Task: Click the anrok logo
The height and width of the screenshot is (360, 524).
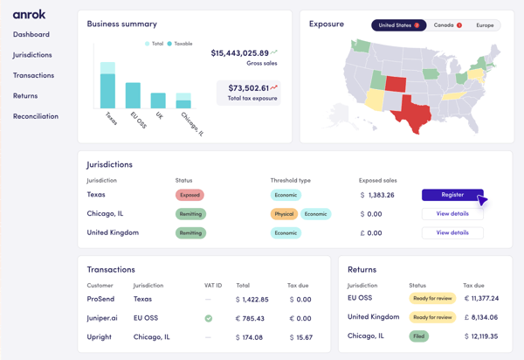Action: pyautogui.click(x=29, y=14)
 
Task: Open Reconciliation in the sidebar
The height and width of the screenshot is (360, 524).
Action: pyautogui.click(x=36, y=116)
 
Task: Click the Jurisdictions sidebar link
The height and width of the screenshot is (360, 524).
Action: pyautogui.click(x=32, y=55)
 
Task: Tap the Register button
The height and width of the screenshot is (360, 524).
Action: pyautogui.click(x=452, y=195)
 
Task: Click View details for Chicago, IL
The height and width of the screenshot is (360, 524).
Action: pyautogui.click(x=452, y=214)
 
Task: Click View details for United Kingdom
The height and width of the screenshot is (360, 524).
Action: pyautogui.click(x=452, y=233)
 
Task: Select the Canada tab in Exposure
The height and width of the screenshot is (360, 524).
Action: pyautogui.click(x=446, y=25)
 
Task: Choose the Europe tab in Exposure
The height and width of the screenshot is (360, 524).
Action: pyautogui.click(x=485, y=25)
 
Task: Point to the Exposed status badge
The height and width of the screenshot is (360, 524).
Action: pyautogui.click(x=190, y=195)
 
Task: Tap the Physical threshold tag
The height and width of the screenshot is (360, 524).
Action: pyautogui.click(x=284, y=214)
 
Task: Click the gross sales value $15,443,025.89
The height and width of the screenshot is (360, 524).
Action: pyautogui.click(x=239, y=53)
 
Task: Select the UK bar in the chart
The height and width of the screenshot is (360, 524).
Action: pyautogui.click(x=158, y=100)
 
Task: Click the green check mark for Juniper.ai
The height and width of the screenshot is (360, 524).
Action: pyautogui.click(x=208, y=318)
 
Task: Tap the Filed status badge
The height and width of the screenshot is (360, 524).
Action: pyautogui.click(x=419, y=336)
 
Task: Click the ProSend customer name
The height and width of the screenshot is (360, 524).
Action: pyautogui.click(x=100, y=300)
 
